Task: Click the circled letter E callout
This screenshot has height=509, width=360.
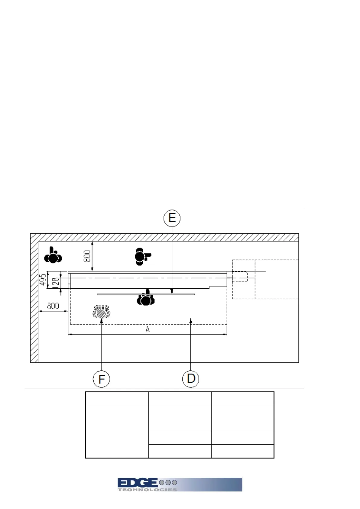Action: [172, 218]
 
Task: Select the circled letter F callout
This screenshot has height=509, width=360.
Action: [102, 379]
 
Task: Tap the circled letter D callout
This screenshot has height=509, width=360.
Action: [191, 379]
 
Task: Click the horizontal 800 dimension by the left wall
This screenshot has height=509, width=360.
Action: [53, 306]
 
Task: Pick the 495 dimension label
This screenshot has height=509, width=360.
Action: [43, 280]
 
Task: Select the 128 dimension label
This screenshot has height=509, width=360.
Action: [56, 283]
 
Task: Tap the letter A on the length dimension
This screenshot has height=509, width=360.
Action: [148, 329]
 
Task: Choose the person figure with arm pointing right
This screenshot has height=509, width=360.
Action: [142, 257]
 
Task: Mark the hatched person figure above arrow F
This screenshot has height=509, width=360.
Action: [101, 312]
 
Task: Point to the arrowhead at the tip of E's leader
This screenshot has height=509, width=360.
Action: [172, 292]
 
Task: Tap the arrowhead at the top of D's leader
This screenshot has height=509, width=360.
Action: [191, 319]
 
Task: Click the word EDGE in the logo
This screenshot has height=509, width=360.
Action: [138, 483]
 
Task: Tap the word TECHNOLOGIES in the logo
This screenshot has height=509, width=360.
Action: [147, 490]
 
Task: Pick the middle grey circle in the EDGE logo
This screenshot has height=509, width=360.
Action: [167, 482]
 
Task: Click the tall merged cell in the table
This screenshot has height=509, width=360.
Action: [117, 431]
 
